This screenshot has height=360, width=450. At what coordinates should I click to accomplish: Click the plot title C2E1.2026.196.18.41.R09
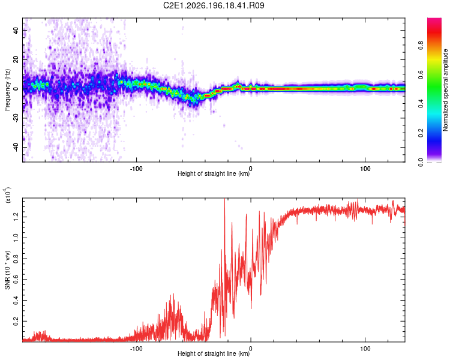pyautogui.click(x=214, y=5)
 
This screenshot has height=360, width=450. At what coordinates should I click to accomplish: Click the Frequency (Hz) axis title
pyautogui.click(x=7, y=90)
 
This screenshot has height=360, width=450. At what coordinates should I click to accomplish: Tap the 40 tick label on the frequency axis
pyautogui.click(x=16, y=31)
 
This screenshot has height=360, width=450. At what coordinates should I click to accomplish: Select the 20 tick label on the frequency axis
pyautogui.click(x=16, y=60)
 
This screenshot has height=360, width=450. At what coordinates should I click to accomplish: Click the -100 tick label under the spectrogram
pyautogui.click(x=136, y=169)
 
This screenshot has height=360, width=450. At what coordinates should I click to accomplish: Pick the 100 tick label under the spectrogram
pyautogui.click(x=365, y=169)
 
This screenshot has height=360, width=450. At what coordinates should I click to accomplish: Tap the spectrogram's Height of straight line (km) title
pyautogui.click(x=214, y=173)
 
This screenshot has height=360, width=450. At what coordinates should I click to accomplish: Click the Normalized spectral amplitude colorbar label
pyautogui.click(x=445, y=90)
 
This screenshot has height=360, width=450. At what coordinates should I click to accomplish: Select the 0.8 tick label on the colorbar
pyautogui.click(x=421, y=46)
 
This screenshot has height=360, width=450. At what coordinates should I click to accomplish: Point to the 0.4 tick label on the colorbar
pyautogui.click(x=421, y=104)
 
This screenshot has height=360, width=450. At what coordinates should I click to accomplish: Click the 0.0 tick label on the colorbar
pyautogui.click(x=421, y=162)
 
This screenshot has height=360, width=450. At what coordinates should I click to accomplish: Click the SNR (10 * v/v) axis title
pyautogui.click(x=7, y=270)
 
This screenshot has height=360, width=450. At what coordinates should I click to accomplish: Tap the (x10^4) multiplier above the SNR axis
pyautogui.click(x=8, y=195)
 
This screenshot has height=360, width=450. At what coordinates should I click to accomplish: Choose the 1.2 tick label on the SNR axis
pyautogui.click(x=16, y=217)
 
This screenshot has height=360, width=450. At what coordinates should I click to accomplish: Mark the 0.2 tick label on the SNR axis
pyautogui.click(x=16, y=322)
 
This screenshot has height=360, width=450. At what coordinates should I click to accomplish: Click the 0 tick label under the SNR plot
pyautogui.click(x=251, y=349)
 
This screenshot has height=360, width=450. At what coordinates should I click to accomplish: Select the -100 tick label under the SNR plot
pyautogui.click(x=136, y=349)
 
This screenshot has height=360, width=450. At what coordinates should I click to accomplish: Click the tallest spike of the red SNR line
pyautogui.click(x=225, y=199)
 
